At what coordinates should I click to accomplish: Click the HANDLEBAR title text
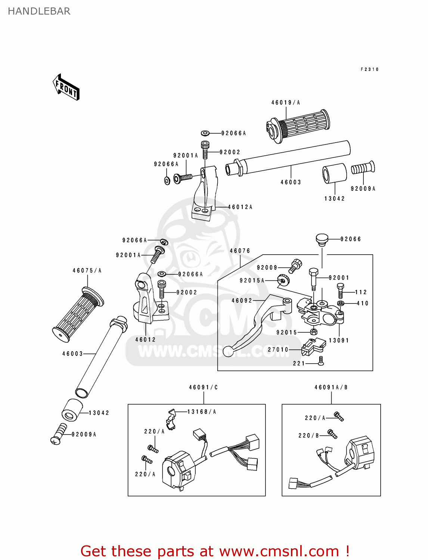(39, 11)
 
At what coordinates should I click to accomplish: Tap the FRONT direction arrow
(66, 87)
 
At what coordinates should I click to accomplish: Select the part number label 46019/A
(285, 103)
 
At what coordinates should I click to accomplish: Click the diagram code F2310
(369, 69)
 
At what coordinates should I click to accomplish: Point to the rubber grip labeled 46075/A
(78, 314)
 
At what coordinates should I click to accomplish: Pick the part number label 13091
(339, 340)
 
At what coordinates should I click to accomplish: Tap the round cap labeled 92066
(322, 239)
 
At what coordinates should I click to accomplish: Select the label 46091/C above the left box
(203, 388)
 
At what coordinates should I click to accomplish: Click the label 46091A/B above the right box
(331, 388)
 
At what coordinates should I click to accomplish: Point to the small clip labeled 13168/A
(171, 418)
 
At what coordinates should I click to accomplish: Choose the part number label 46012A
(240, 207)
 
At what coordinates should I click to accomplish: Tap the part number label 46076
(240, 251)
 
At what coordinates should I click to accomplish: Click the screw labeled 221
(321, 361)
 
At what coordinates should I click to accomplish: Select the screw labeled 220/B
(332, 434)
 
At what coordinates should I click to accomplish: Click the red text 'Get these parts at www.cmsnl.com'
(215, 551)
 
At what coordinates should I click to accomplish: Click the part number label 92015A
(252, 281)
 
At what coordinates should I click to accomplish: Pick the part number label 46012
(145, 340)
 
